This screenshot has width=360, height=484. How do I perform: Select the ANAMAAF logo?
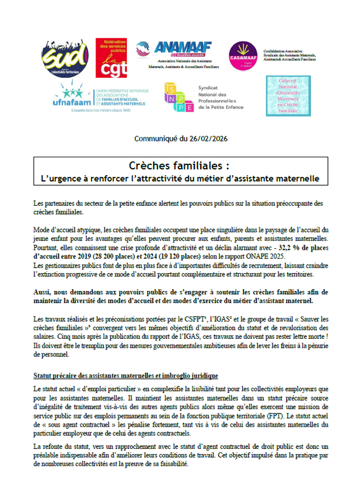coord(175,53)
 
